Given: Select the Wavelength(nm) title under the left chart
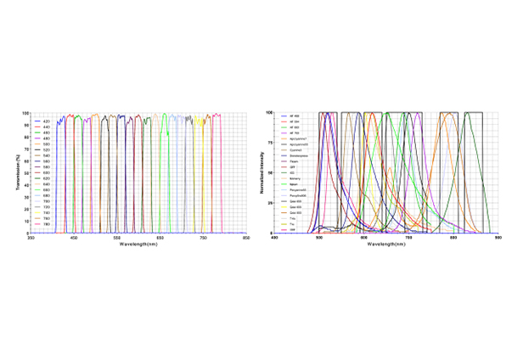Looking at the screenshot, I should coord(138,245).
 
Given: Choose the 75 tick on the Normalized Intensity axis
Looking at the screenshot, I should coord(269,143).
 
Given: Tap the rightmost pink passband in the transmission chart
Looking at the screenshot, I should coord(217,170).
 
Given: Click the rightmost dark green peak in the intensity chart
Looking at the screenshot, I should coord(468,115).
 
